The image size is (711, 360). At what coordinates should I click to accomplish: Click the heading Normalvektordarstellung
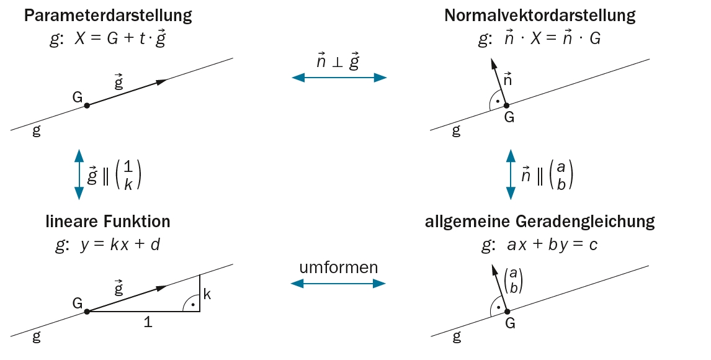[x=539, y=16]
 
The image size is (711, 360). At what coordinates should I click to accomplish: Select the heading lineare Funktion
[x=107, y=221]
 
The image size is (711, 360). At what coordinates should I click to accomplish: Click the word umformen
[x=339, y=268]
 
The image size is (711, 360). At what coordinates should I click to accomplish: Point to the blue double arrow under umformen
[x=339, y=284]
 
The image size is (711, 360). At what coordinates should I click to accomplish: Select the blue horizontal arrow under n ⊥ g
[x=339, y=78]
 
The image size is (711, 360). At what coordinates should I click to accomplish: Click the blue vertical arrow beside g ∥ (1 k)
[x=79, y=174]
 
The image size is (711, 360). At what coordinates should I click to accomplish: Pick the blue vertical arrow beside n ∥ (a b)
[x=511, y=174]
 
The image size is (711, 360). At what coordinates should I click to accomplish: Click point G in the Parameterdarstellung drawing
[x=87, y=106]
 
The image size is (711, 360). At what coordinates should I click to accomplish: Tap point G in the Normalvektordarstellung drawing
[x=506, y=106]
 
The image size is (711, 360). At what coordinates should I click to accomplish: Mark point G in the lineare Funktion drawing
[x=87, y=311]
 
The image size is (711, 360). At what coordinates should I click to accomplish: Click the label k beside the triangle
[x=207, y=294]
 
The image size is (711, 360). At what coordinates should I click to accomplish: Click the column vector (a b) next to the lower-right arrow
[x=514, y=280]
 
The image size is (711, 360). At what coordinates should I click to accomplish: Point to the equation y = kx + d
[x=120, y=245]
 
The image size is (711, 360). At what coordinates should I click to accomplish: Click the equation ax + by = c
[x=552, y=245]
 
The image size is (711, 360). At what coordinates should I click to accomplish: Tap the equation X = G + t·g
[x=120, y=38]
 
